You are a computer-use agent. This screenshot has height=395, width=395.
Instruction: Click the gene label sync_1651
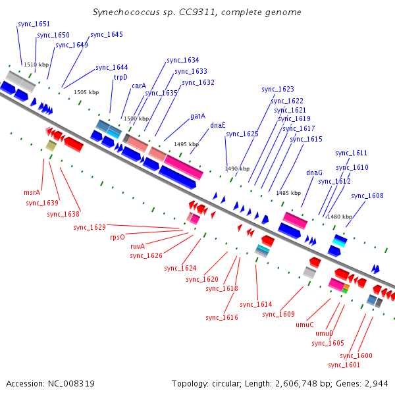[x=34, y=24]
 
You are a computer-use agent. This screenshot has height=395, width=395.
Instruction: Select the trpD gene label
[x=120, y=77]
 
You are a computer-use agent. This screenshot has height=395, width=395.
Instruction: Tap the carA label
[x=139, y=86]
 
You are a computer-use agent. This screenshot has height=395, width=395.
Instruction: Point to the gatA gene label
[x=197, y=116]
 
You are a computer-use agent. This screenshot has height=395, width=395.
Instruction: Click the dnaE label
[x=218, y=125]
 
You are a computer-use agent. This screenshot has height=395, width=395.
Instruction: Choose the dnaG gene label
[x=314, y=172]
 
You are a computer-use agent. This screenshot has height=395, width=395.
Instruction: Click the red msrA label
[x=32, y=192]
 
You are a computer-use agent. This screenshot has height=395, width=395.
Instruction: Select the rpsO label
[x=117, y=237]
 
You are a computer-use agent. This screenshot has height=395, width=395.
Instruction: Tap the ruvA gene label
[x=138, y=246]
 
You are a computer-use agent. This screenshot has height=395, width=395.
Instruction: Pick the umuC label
[x=305, y=325]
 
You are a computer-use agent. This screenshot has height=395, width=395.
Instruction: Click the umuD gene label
[x=324, y=333]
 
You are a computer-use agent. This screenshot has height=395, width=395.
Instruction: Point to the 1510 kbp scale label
[x=36, y=65]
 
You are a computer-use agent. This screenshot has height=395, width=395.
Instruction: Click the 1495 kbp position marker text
[x=186, y=144]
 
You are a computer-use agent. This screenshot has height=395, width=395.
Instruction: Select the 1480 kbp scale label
[x=340, y=217]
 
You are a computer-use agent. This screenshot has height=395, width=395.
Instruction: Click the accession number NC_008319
[x=71, y=384]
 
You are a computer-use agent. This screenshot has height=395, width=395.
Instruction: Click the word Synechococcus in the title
[x=126, y=13]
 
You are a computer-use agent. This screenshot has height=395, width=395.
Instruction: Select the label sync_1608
[x=367, y=196]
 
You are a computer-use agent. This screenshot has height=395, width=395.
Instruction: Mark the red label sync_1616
[x=222, y=317]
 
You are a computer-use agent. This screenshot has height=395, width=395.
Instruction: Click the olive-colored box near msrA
[x=51, y=145]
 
